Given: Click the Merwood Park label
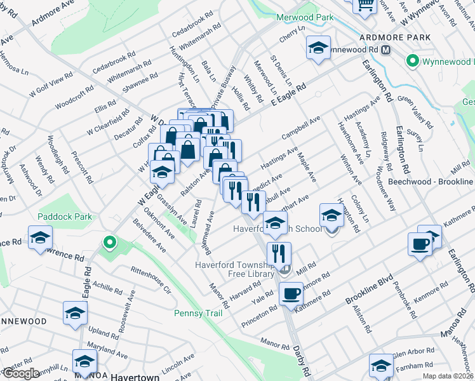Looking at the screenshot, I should [304, 17].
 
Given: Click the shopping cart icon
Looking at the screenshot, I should [365, 5].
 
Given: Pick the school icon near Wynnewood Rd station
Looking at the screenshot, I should [318, 48].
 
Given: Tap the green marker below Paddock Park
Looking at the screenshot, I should [109, 242].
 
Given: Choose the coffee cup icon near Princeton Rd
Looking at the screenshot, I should [291, 294].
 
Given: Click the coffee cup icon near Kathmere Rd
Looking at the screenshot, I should [420, 244].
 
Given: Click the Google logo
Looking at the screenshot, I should [20, 373].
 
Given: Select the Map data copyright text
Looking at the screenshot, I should [448, 375].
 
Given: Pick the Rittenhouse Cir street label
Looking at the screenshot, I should [151, 280].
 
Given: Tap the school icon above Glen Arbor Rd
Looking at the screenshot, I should [381, 366].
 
